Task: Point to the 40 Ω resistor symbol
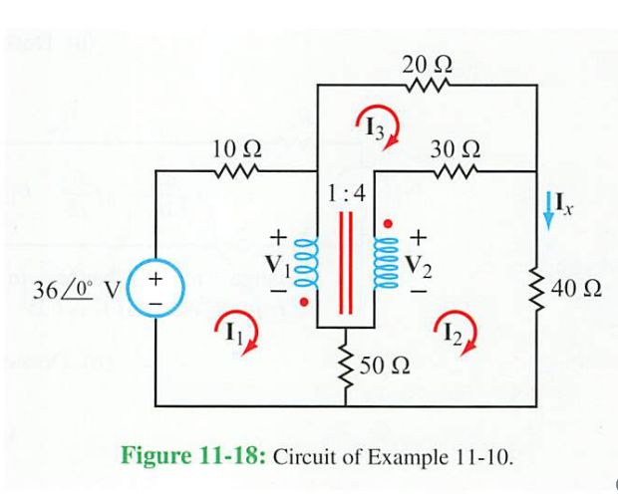click(537, 289)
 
